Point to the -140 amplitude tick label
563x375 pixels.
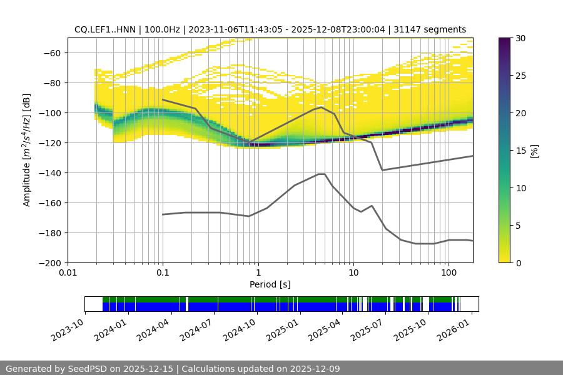click(x=50, y=172)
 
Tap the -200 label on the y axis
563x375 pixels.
click(x=50, y=262)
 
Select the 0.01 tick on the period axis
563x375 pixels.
click(x=68, y=273)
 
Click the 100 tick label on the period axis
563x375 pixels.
click(x=449, y=273)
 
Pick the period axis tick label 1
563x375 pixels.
click(x=258, y=273)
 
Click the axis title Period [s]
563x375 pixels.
click(x=270, y=284)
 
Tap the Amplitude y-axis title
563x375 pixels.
click(x=27, y=150)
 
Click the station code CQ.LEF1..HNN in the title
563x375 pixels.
click(x=104, y=29)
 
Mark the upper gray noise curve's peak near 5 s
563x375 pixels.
click(x=322, y=107)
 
